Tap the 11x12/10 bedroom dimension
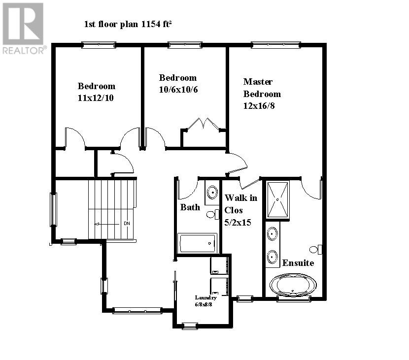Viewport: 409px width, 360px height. (x=96, y=98)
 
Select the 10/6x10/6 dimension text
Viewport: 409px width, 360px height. (x=178, y=90)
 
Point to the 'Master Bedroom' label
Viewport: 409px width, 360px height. (x=262, y=88)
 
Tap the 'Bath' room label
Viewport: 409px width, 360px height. (x=190, y=207)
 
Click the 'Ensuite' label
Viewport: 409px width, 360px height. (x=298, y=262)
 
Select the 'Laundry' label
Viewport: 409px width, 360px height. (x=205, y=297)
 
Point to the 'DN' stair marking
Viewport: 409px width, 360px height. (x=127, y=224)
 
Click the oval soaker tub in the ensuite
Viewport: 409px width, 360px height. (x=293, y=285)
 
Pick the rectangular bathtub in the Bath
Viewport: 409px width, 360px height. (x=198, y=243)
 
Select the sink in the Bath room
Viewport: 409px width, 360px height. (x=212, y=192)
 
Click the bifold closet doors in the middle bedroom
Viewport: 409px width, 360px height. (x=204, y=123)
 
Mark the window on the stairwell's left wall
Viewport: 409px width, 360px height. (x=53, y=209)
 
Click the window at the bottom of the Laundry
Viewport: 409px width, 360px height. (x=190, y=326)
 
